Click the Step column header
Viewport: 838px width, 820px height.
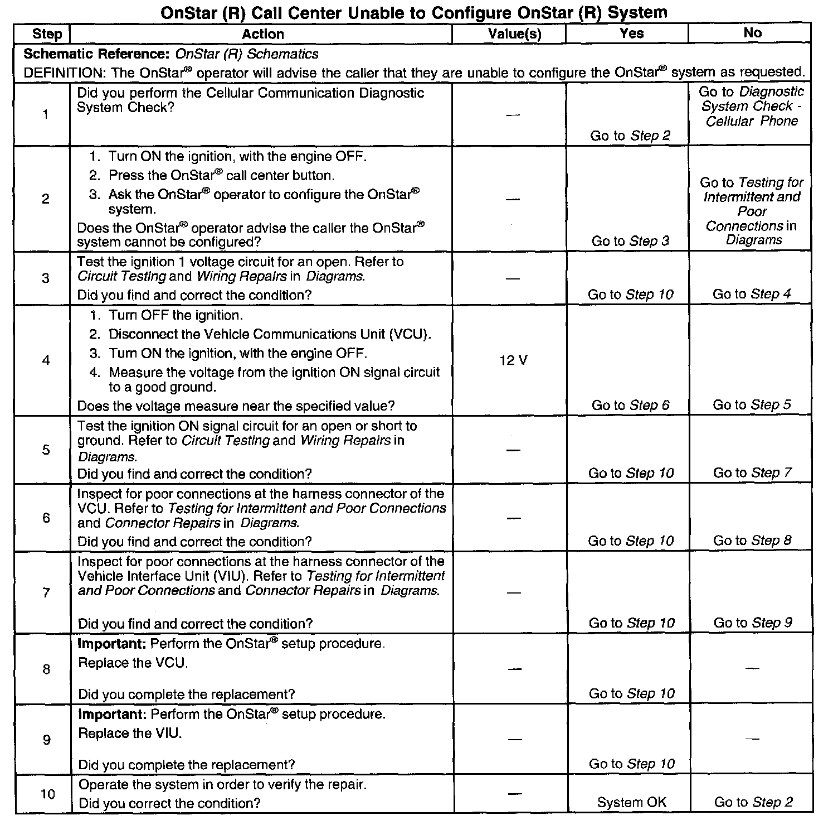[47, 34]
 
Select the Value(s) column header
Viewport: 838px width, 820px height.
[514, 34]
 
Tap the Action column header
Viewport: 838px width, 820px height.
[262, 34]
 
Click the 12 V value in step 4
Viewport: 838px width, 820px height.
[513, 360]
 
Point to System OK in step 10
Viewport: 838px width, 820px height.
[631, 802]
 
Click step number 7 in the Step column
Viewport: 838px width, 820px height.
[46, 592]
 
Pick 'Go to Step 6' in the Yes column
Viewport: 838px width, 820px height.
[631, 406]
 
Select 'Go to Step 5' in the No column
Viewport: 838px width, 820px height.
[752, 405]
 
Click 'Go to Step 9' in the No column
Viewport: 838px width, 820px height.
[753, 623]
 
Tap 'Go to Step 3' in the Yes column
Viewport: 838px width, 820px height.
[631, 241]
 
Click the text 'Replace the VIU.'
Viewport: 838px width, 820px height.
[130, 733]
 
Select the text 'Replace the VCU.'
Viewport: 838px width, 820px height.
[133, 663]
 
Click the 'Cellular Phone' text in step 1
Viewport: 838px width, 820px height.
[752, 121]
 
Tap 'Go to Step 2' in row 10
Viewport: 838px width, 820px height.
[753, 802]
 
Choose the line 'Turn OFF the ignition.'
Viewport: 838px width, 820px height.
[176, 315]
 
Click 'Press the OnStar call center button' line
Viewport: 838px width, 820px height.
[221, 176]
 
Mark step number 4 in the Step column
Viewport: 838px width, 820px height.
[46, 360]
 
